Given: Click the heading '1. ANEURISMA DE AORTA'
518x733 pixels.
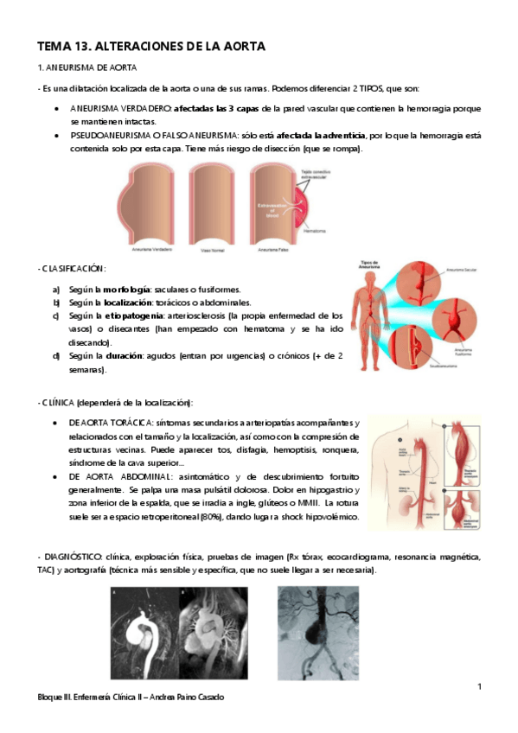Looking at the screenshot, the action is [x=86, y=67].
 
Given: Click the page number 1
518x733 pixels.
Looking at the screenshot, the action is [x=479, y=686].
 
